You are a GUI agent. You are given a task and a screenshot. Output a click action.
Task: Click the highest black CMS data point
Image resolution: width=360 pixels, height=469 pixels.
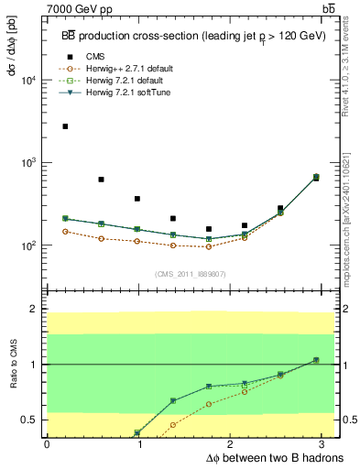click(65, 126)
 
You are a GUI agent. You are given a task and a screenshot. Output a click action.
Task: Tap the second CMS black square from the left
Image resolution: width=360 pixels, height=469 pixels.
click(101, 180)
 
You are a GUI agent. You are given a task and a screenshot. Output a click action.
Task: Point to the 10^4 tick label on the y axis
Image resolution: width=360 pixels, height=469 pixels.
click(29, 80)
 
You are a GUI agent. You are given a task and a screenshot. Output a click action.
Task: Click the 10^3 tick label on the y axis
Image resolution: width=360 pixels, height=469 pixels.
click(29, 163)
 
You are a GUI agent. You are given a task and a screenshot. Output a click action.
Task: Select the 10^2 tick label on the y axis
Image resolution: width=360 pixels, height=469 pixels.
click(29, 245)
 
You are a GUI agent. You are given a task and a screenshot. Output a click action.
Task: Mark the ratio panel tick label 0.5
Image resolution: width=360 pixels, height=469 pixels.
click(31, 420)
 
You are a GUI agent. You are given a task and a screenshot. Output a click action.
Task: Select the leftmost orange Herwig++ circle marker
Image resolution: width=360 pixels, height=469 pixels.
click(65, 232)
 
